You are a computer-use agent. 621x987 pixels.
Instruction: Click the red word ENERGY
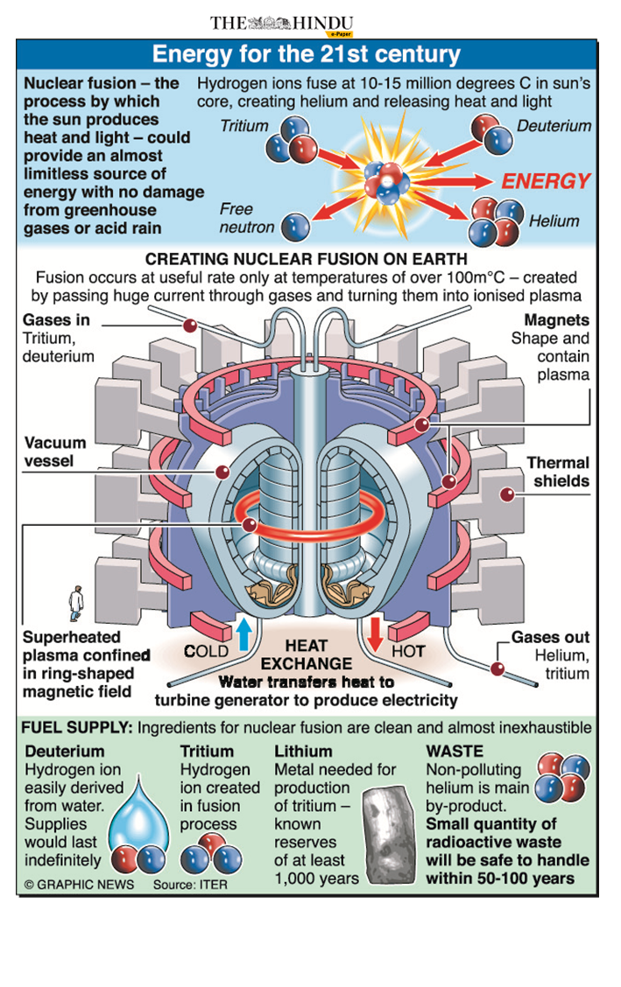click(546, 182)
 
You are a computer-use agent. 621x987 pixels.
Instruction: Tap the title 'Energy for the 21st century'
click(306, 55)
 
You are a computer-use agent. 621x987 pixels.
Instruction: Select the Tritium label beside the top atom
click(244, 125)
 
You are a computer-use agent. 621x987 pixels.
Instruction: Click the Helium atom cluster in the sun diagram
click(495, 222)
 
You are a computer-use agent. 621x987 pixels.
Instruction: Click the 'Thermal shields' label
click(558, 472)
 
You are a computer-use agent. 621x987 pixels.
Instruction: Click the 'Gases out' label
click(550, 637)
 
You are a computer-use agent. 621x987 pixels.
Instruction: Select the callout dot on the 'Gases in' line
click(189, 326)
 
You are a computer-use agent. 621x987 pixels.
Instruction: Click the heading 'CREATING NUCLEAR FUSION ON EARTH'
click(306, 260)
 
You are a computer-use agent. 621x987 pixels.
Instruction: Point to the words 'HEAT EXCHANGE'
click(306, 654)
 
